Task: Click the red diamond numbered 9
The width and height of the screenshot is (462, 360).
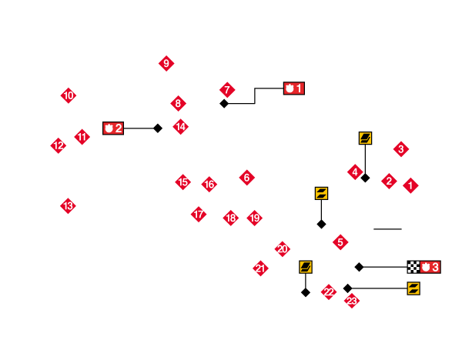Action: click(166, 63)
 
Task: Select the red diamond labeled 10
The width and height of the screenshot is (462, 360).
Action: click(69, 95)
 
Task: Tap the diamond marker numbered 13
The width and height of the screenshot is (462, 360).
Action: click(69, 205)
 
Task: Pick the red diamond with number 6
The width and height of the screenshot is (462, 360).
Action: click(246, 178)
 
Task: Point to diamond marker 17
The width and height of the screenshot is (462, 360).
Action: click(199, 214)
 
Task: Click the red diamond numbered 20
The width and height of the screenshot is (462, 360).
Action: click(283, 248)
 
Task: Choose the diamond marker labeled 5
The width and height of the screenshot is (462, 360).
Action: click(340, 242)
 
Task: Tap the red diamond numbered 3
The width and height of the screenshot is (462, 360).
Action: click(401, 148)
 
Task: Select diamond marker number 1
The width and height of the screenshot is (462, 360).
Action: click(410, 185)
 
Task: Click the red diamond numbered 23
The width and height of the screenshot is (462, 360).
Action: click(352, 301)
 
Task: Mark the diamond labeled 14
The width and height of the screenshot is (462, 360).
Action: click(180, 126)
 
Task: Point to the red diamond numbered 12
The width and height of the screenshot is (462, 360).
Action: click(59, 145)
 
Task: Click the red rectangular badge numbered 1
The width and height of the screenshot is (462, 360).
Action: click(294, 88)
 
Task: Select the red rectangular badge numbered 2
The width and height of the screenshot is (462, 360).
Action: click(113, 128)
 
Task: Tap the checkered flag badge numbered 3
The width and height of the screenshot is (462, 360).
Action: click(423, 267)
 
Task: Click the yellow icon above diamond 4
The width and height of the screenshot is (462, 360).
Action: click(365, 138)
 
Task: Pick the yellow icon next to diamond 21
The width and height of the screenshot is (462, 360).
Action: click(306, 267)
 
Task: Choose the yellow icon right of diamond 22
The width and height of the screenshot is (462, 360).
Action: click(413, 288)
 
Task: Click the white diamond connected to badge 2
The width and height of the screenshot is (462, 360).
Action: click(158, 128)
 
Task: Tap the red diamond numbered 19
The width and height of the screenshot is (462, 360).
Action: click(254, 218)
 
